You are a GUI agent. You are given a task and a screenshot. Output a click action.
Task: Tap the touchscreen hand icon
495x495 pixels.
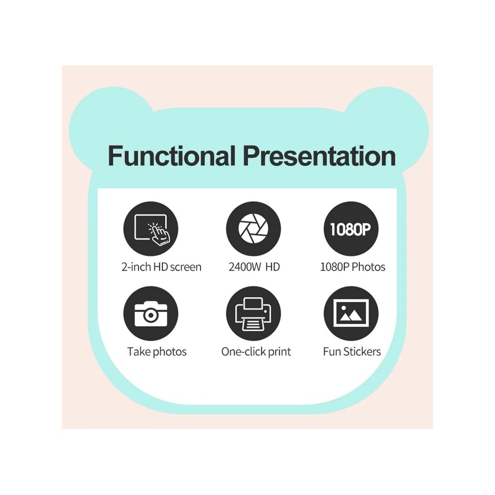150,228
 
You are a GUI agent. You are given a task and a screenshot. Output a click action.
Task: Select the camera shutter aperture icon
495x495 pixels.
253,228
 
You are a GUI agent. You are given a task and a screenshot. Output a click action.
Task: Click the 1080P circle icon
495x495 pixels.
351,228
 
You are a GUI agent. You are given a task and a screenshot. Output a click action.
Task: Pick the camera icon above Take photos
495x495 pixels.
150,313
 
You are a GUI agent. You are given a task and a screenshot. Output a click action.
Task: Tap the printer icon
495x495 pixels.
253,313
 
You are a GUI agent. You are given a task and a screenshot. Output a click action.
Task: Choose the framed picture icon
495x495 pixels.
351,313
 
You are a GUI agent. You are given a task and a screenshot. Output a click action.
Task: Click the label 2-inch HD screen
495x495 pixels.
161,267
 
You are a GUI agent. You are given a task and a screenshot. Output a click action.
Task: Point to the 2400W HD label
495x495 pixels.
254,267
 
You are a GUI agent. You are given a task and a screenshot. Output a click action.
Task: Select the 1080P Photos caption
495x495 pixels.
352,267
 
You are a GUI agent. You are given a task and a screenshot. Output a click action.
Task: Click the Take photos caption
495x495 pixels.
157,352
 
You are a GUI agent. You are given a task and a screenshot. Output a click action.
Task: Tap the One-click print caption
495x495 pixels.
256,352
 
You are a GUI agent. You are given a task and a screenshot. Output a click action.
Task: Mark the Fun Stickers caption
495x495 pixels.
352,352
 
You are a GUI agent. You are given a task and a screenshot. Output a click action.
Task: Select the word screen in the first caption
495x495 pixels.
185,267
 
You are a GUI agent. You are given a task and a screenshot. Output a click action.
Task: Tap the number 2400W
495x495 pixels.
245,267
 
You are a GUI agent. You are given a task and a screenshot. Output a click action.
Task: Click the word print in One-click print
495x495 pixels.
279,352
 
